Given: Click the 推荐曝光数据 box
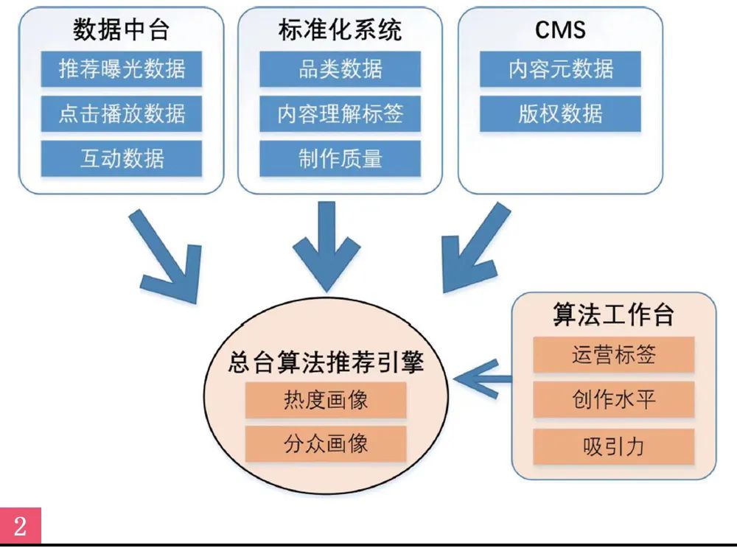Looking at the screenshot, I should pos(122,69).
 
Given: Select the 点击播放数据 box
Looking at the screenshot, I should pos(122,114).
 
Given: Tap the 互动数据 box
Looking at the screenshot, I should pos(122,158).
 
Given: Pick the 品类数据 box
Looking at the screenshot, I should pos(340,69).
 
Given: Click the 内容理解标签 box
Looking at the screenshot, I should pos(340,114).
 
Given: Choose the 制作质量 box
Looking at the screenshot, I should pos(340,158).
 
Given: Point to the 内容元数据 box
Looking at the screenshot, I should pos(560,69).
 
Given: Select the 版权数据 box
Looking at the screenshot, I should pos(560,114).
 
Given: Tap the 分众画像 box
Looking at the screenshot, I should pos(326,444).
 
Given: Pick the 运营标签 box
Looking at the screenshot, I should pos(614,355).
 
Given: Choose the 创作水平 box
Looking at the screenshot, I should pos(614,400).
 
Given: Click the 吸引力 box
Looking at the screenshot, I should pos(614,446).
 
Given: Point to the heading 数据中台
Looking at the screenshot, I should pos(122,29).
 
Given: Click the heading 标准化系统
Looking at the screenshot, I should pos(340,29).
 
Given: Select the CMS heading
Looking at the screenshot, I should pos(560,29).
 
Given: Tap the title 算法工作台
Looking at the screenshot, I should pos(614,315).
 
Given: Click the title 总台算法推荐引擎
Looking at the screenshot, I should pos(326,363).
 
